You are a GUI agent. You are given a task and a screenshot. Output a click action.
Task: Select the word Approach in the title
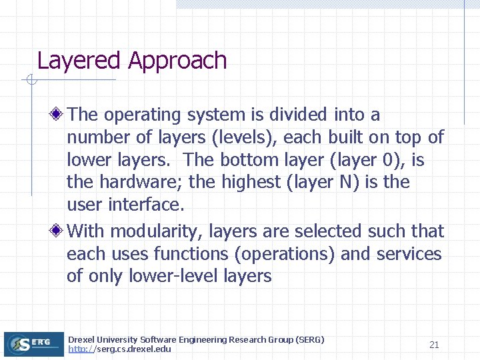click(x=177, y=61)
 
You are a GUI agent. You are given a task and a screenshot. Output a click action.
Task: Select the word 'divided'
click(x=297, y=115)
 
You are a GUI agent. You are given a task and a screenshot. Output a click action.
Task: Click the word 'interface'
click(x=150, y=205)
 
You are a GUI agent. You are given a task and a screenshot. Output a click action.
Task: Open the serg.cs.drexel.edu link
click(x=119, y=349)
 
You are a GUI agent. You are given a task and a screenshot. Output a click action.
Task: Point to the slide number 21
click(x=434, y=345)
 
